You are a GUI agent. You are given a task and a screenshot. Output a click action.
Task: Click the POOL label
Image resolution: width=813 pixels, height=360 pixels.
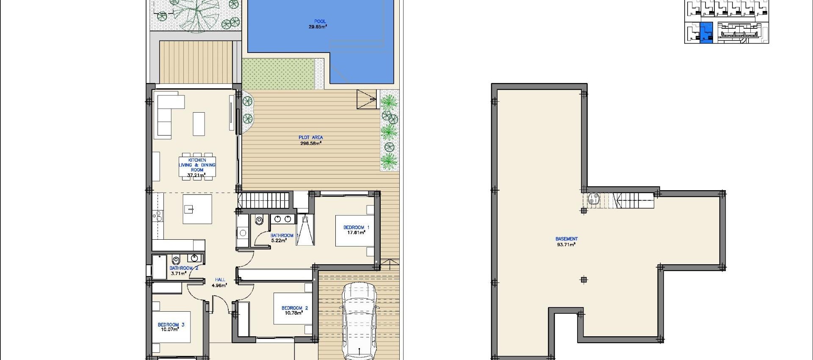[320, 21]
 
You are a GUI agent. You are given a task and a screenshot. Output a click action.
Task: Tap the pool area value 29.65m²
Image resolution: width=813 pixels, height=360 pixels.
[318, 27]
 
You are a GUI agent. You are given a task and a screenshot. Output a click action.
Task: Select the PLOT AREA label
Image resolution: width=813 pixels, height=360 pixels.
[311, 137]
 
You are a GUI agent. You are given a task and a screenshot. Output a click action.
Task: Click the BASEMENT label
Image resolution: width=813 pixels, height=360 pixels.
[566, 239]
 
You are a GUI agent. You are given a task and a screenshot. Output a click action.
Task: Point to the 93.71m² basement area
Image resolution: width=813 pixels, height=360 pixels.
[566, 245]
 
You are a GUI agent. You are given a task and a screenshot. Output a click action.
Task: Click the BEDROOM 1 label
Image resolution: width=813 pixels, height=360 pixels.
[356, 227]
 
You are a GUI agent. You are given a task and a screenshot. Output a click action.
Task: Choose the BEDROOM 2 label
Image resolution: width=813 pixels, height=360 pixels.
[295, 308]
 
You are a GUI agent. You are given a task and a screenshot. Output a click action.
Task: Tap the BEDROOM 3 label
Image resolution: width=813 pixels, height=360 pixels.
[171, 325]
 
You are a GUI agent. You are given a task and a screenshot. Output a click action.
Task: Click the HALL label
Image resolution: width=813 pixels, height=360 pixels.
[220, 280]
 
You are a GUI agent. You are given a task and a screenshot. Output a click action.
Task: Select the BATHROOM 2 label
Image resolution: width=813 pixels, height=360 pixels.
[184, 268]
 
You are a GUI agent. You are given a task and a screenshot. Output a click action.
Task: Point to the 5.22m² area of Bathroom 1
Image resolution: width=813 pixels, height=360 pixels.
[279, 241]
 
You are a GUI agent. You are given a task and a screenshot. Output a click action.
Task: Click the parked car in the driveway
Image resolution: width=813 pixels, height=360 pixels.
[359, 322]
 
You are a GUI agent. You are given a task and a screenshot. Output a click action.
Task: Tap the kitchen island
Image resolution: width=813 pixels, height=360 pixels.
[197, 209]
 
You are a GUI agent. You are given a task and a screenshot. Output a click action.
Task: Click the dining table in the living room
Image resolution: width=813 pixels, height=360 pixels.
[197, 166]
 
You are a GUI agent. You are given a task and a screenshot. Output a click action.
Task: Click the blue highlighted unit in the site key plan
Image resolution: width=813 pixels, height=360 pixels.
[706, 33]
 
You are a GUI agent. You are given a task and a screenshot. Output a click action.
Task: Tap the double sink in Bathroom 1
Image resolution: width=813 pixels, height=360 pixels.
[283, 219]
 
